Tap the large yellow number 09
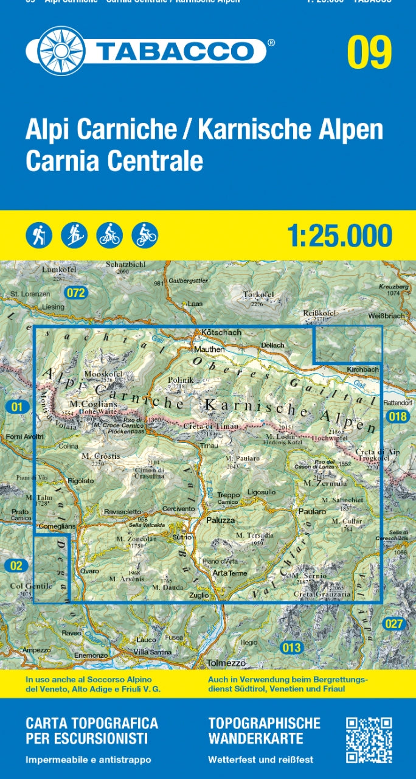coord(369,53)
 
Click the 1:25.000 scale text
coord(339,236)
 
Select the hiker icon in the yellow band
coord(39,234)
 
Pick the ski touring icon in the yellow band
coord(74,234)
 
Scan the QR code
coord(369,739)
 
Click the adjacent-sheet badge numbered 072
coord(77,293)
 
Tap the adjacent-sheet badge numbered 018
coord(397,416)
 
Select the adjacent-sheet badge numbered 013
coord(291,648)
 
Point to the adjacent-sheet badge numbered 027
coord(394,623)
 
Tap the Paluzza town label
coord(220,520)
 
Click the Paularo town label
coord(313,512)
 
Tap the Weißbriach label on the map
coord(386,316)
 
